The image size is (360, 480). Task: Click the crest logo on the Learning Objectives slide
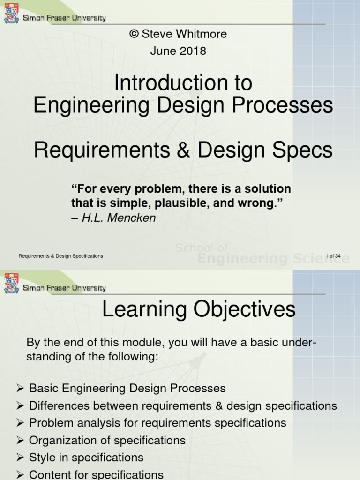coord(11,283)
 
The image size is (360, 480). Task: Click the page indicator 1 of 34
coord(333,256)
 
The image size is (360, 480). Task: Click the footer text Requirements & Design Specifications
coord(61,256)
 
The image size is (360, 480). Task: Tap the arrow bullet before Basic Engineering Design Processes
coord(20,389)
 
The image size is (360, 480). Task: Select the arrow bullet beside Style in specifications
coord(20,457)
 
